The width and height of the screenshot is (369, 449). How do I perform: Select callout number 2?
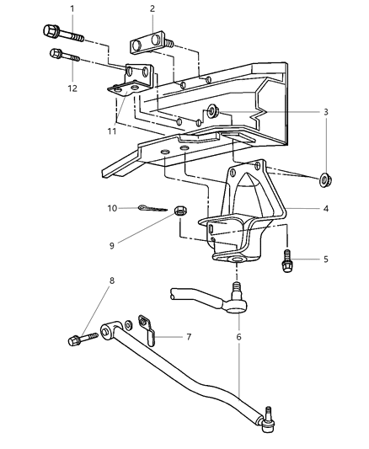pos(152,9)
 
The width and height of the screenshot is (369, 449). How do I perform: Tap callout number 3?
pos(326,110)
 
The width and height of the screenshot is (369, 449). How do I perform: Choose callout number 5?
pos(326,260)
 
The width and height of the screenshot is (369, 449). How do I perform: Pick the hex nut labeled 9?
pos(179,211)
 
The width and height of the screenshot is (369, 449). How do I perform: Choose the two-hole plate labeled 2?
pos(150,45)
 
